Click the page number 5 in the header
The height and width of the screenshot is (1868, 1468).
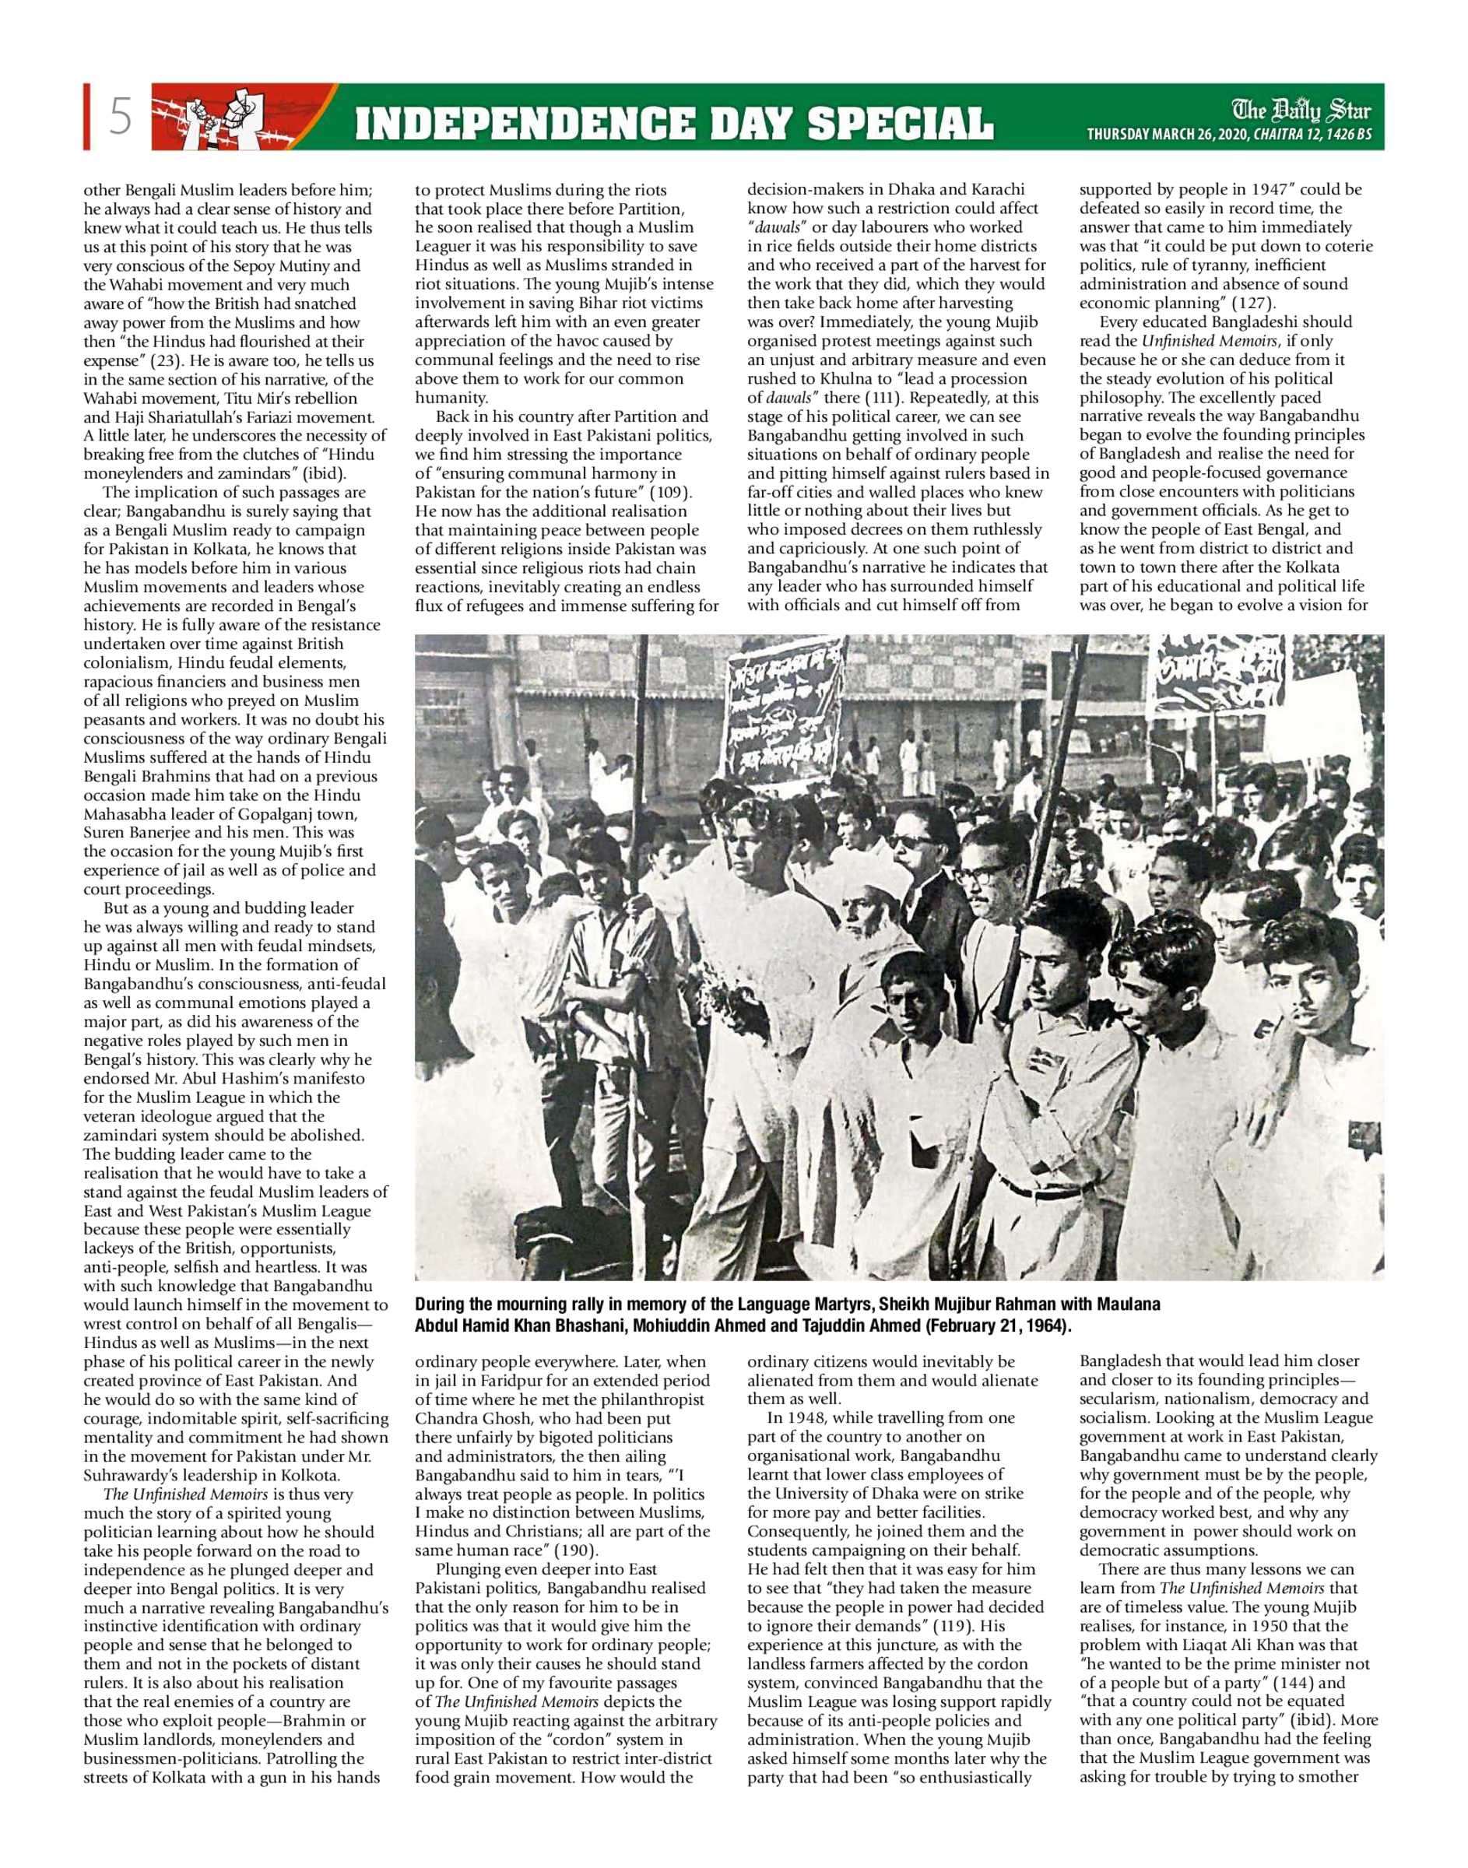click(x=121, y=117)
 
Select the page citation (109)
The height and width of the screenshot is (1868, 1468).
click(x=669, y=493)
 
